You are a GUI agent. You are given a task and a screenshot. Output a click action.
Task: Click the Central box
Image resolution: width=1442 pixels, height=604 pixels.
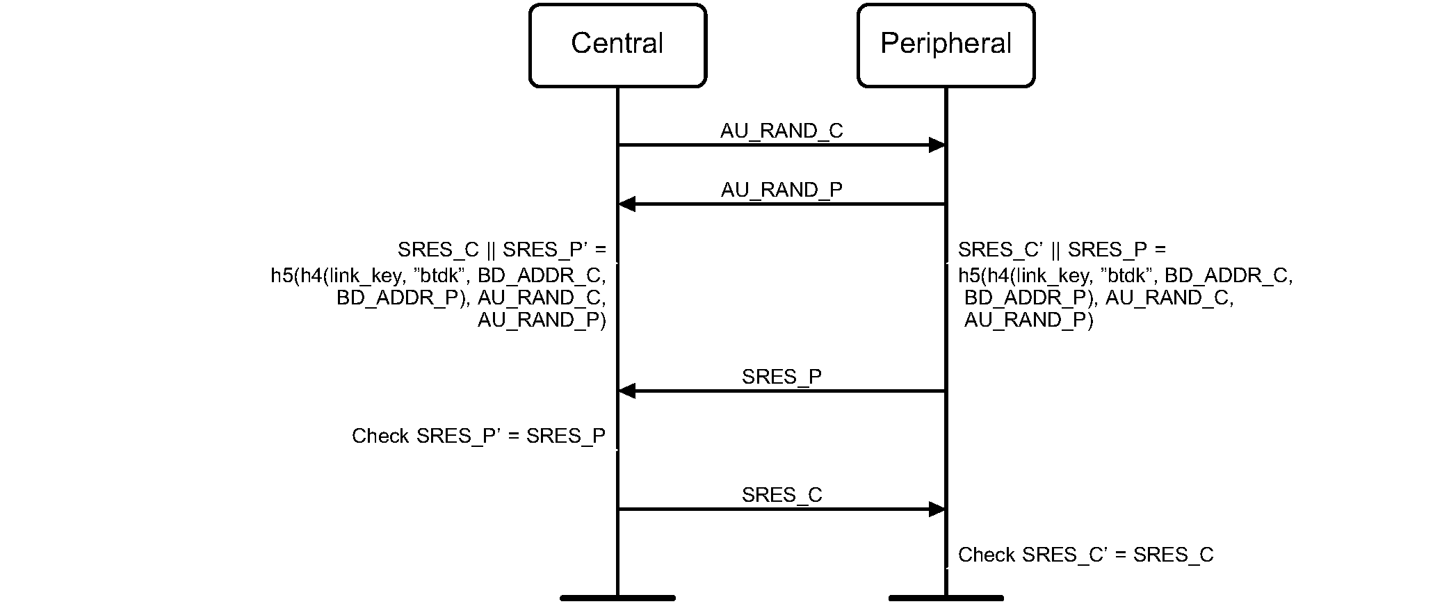click(x=617, y=45)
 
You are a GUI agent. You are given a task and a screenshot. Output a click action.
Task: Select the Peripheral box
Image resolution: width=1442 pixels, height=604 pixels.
click(x=946, y=45)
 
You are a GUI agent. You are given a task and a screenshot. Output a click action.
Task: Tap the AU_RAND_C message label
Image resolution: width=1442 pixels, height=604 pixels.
click(x=781, y=131)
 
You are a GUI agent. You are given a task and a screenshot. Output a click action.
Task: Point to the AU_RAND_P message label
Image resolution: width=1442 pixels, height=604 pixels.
click(x=781, y=190)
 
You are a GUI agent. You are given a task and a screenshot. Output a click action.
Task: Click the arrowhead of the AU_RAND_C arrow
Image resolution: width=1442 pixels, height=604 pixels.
click(x=937, y=145)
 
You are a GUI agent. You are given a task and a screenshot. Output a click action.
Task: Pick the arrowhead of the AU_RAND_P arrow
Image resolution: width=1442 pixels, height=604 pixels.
click(x=627, y=204)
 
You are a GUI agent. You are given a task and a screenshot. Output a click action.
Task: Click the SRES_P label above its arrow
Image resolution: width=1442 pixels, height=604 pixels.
click(x=781, y=377)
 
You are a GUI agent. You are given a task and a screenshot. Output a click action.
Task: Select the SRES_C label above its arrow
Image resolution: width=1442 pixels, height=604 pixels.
click(x=781, y=495)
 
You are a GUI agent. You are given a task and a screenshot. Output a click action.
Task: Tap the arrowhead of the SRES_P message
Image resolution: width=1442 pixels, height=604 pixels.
click(x=627, y=391)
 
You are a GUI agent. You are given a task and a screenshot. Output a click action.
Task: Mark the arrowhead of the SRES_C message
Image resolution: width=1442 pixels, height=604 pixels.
click(x=937, y=509)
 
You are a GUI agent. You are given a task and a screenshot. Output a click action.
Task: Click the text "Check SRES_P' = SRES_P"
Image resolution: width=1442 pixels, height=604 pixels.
click(x=478, y=436)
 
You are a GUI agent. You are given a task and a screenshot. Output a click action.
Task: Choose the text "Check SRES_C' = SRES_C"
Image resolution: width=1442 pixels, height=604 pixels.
click(x=1085, y=555)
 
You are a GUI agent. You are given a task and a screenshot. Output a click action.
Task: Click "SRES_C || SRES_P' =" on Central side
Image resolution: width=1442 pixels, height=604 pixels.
click(x=502, y=250)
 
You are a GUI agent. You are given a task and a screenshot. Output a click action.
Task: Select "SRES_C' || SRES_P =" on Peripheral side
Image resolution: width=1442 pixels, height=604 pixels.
click(x=1062, y=250)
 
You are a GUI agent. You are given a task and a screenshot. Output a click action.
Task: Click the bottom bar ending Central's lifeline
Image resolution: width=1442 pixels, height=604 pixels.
click(x=617, y=598)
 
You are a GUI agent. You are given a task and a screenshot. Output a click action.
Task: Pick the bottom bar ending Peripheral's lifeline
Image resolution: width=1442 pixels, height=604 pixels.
click(x=946, y=598)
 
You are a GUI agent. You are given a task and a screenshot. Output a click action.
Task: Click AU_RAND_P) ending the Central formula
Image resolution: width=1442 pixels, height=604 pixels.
click(x=542, y=320)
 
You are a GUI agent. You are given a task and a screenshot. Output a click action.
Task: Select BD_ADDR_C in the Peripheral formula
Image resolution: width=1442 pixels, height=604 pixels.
click(x=1229, y=276)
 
